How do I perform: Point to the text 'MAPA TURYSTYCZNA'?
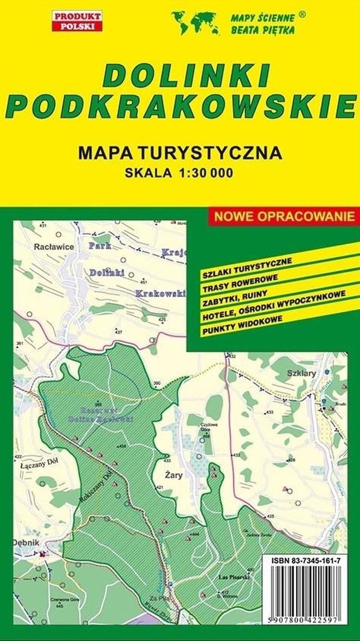(180, 153)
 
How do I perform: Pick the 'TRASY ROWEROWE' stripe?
(240, 282)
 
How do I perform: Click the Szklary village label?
(301, 373)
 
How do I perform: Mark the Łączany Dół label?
(37, 465)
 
